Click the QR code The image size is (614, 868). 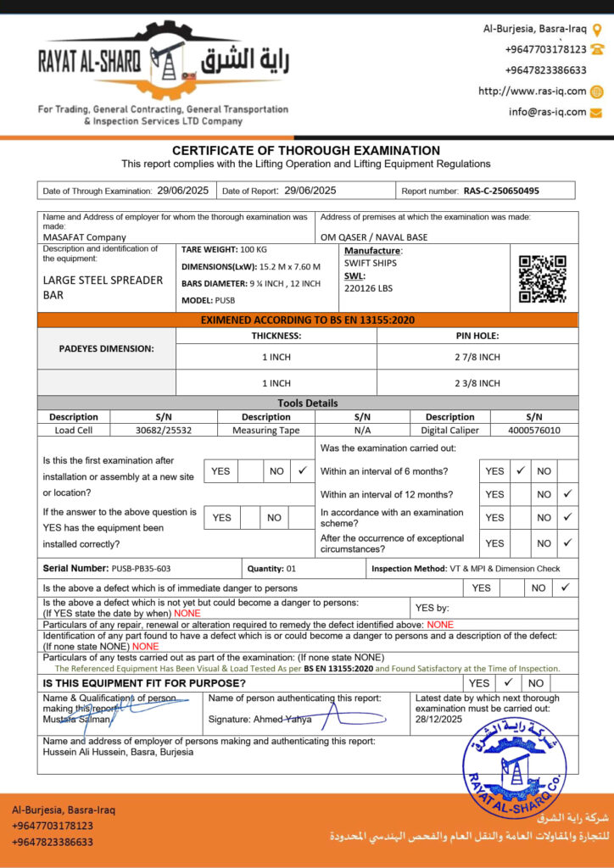point(542,279)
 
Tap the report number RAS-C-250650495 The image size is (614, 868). point(501,191)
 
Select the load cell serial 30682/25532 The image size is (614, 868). point(164,430)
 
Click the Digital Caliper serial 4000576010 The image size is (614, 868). point(533,430)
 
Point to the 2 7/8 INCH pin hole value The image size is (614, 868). point(477,357)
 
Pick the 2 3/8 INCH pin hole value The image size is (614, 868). point(477,382)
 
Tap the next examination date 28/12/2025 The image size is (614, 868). point(439,720)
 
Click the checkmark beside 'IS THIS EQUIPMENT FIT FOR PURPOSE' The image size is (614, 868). point(508,682)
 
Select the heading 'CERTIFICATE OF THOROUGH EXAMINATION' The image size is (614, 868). point(306,151)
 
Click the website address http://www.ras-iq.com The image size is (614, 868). point(532,92)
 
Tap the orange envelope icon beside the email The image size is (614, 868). point(596,112)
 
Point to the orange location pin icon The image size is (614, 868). point(596,29)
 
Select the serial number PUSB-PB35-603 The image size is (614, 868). point(141,568)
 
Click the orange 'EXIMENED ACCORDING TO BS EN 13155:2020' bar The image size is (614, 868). point(307,320)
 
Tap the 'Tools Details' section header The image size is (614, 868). point(307,403)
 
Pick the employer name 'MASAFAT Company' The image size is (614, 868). point(85,237)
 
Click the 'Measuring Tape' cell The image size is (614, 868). point(266,430)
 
